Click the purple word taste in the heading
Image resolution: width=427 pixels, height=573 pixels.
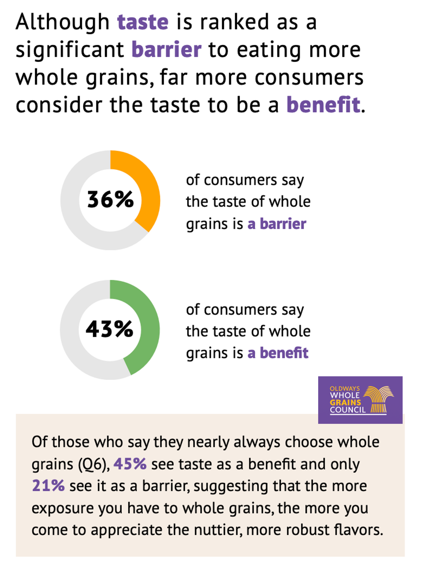143,22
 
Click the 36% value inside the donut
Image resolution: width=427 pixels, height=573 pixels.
110,199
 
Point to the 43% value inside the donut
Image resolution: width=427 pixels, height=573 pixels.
109,329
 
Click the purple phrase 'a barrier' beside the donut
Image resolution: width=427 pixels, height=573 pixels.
277,224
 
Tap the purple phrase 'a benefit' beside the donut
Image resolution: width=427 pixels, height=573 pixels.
278,353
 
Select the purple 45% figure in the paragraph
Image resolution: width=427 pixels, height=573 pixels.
130,464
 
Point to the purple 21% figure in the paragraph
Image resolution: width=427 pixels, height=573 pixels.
48,486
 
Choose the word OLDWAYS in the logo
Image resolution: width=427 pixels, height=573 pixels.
344,389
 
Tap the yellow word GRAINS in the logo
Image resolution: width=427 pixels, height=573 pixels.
345,403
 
